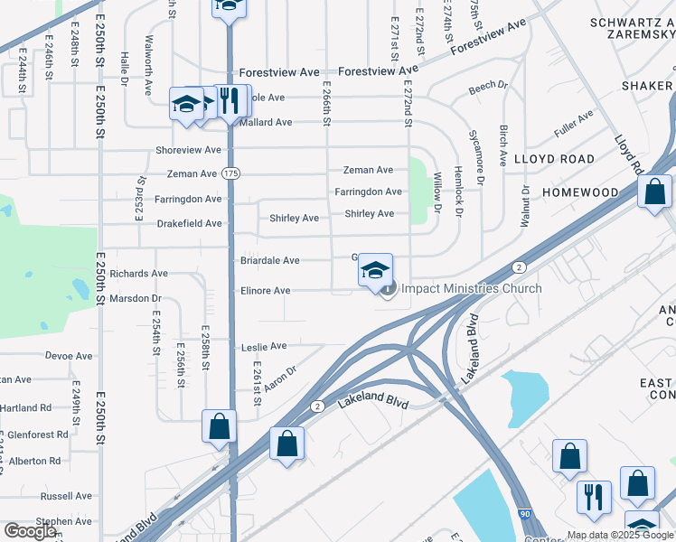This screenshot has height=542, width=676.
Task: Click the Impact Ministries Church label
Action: (x=471, y=289)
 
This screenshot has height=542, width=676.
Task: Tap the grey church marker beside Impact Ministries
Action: (x=389, y=289)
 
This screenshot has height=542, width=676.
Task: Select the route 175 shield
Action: (x=231, y=173)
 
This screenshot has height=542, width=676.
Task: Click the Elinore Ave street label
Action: (x=265, y=291)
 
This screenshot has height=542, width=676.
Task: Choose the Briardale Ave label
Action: (x=269, y=261)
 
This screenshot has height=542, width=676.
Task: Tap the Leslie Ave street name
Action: (x=264, y=346)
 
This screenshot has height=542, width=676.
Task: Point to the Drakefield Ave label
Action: (x=189, y=223)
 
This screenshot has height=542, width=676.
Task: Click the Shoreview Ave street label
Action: (x=188, y=150)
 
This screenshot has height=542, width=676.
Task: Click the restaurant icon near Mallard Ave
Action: (x=230, y=100)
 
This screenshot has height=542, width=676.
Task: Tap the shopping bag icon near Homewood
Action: (x=653, y=192)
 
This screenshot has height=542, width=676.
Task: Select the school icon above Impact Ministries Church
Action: (x=376, y=269)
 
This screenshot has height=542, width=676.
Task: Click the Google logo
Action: (x=31, y=531)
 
